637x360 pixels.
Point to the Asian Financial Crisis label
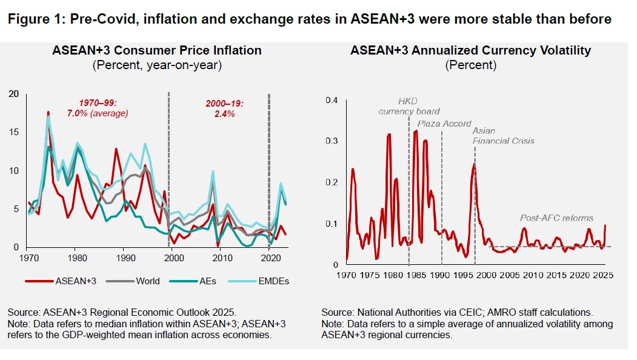(502, 135)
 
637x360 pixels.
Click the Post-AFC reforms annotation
(557, 218)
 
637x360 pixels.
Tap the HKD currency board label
(409, 105)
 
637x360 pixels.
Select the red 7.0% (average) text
(98, 113)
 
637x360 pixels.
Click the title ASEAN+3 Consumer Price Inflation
(156, 51)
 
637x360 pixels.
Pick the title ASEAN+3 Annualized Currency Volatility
(470, 51)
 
